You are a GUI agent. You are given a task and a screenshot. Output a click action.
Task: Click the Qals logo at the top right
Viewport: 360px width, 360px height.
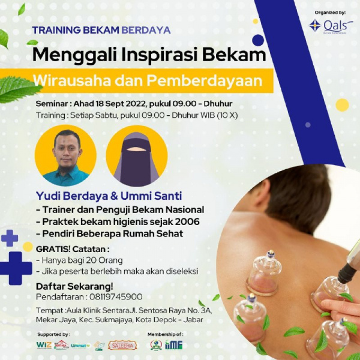click(331, 26)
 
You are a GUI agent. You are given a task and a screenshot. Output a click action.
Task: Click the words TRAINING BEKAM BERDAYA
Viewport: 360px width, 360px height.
click(101, 30)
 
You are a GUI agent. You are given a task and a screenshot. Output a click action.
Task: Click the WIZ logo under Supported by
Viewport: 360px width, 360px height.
click(44, 345)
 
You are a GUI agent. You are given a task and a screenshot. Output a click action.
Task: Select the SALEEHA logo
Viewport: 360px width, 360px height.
click(122, 345)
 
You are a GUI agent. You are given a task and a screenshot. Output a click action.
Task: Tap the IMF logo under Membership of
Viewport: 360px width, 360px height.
click(173, 345)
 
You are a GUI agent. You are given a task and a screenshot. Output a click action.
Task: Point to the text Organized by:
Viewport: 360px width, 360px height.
click(330, 11)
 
